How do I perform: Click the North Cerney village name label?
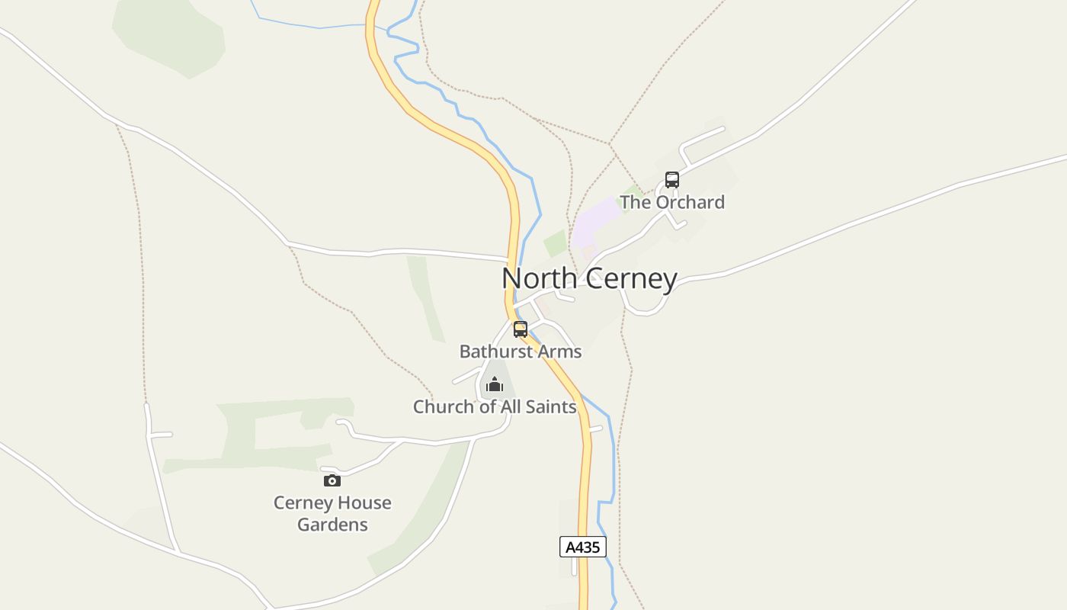tap(589, 279)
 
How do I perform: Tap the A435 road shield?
tap(583, 547)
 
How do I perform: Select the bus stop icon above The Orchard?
tap(671, 180)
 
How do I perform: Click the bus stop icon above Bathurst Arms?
tap(521, 329)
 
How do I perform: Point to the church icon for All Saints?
tap(495, 384)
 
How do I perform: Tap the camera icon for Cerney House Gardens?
tap(332, 480)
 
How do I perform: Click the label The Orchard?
tap(671, 202)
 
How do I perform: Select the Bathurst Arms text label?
tap(521, 352)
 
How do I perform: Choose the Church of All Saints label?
tap(495, 407)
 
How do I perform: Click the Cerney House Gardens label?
tap(332, 513)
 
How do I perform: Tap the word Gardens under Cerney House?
tap(332, 525)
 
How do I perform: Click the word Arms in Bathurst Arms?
tap(561, 352)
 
